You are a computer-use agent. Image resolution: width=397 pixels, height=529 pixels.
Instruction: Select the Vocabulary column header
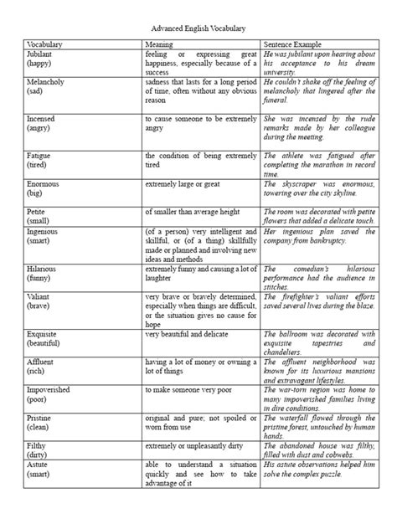(x=46, y=43)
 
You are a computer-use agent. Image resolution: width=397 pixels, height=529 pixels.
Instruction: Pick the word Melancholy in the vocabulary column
(x=47, y=85)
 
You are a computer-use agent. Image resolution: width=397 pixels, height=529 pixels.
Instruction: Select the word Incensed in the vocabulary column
(x=43, y=120)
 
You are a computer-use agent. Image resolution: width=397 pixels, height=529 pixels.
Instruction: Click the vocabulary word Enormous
(x=44, y=183)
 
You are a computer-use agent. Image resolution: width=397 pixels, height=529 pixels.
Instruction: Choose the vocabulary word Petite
(x=39, y=213)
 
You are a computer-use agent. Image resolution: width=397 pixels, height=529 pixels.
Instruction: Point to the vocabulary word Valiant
(x=40, y=297)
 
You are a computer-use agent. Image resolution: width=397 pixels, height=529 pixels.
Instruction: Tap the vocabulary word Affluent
(x=43, y=361)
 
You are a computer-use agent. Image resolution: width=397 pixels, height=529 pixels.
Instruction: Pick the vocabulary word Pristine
(x=41, y=418)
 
